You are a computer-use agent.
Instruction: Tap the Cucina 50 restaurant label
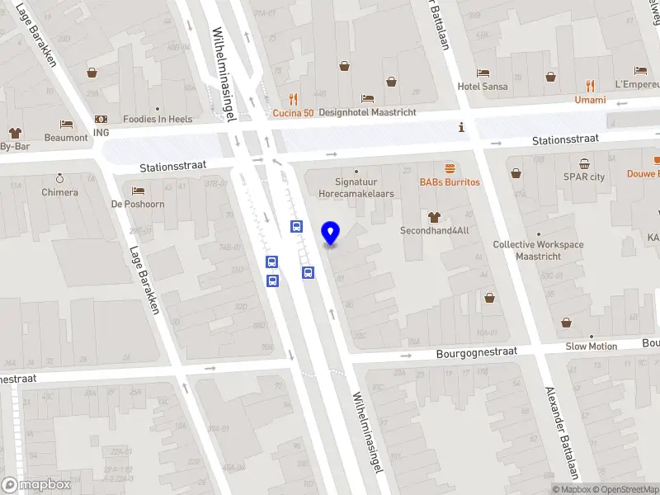(294, 112)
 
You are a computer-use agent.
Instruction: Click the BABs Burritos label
(450, 181)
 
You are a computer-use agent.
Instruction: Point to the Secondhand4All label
(434, 230)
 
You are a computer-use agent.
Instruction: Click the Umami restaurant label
(590, 100)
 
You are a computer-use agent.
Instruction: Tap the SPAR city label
(584, 177)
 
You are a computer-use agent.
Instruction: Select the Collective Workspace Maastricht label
(538, 250)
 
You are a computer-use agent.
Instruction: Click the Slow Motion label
(591, 346)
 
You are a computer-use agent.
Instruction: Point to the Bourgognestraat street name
(476, 351)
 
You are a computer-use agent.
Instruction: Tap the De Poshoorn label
(138, 204)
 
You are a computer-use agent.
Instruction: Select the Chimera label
(60, 192)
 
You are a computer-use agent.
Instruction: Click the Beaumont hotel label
(66, 137)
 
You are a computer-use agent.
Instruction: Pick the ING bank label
(101, 132)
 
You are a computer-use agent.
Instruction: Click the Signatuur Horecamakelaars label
(356, 187)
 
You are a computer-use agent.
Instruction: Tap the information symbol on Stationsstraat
(460, 127)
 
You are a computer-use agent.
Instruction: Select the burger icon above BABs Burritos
(450, 167)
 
